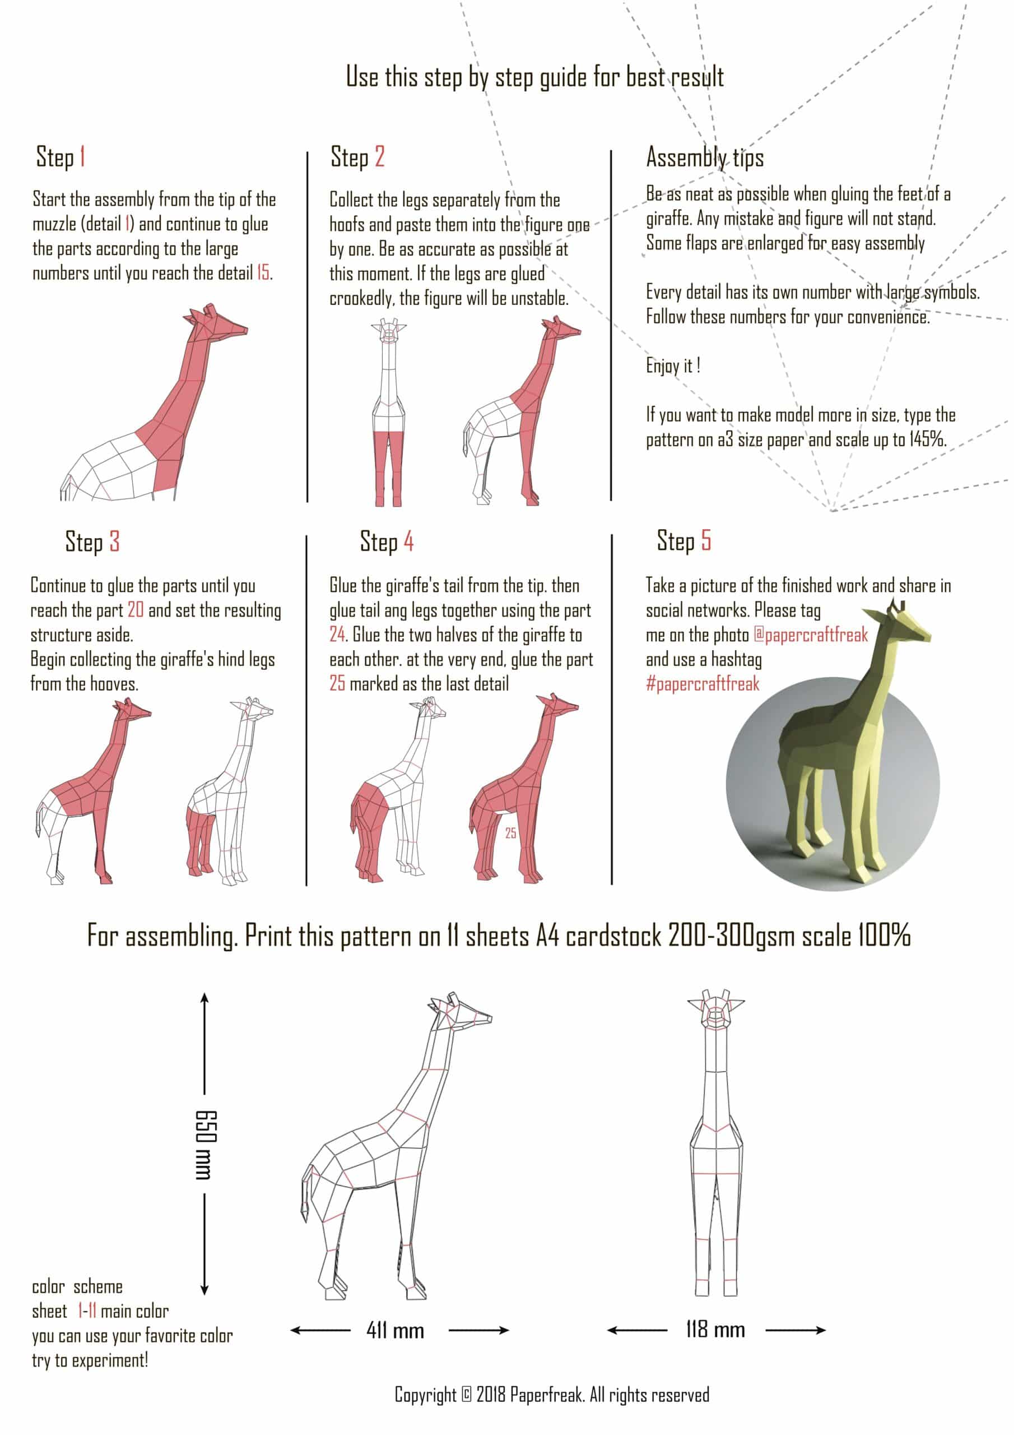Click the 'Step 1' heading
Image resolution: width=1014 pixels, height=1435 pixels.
61,157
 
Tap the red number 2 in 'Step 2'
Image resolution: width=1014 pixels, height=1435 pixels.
379,156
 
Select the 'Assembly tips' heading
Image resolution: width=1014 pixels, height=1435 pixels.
705,158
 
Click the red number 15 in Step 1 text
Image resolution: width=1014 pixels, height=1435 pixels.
264,273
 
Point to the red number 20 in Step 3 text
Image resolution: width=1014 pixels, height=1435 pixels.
136,610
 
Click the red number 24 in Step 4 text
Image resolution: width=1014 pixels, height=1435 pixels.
337,635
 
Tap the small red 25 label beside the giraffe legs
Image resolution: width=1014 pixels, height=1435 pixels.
510,833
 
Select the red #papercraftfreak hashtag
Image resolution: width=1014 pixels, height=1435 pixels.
703,684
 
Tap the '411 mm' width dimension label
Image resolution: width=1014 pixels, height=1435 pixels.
395,1331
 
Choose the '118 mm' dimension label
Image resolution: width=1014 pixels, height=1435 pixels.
715,1330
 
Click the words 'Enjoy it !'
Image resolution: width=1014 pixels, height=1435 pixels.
673,365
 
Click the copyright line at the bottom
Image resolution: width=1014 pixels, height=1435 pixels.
552,1395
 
